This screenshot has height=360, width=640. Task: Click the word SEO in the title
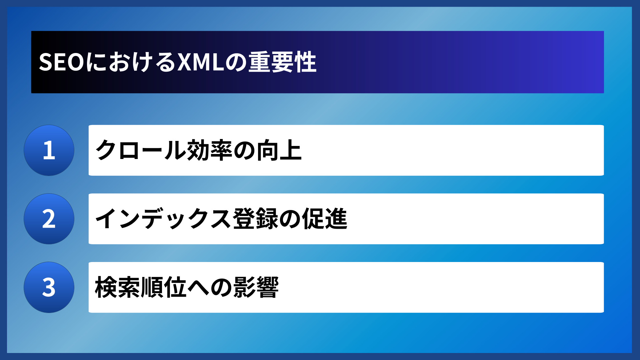(61, 62)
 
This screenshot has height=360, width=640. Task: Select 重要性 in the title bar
(282, 62)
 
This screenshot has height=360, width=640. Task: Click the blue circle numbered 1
(49, 150)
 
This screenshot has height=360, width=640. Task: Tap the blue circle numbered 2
(49, 219)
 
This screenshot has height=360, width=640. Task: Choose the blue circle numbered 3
(49, 287)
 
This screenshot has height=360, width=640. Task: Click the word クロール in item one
(140, 150)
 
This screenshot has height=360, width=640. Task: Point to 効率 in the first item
(210, 150)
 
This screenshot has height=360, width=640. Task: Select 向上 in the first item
(279, 150)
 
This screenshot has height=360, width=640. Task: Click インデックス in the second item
(163, 219)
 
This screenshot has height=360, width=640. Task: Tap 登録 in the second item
(255, 219)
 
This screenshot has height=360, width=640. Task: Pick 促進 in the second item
(325, 219)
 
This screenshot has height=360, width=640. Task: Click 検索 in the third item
(118, 287)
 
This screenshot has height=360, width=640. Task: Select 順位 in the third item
(164, 287)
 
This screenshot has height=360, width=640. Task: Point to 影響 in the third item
(256, 287)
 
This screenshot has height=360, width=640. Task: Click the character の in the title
(236, 62)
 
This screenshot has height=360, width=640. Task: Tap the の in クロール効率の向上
(244, 150)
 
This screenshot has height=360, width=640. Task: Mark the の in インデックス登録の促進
(290, 219)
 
